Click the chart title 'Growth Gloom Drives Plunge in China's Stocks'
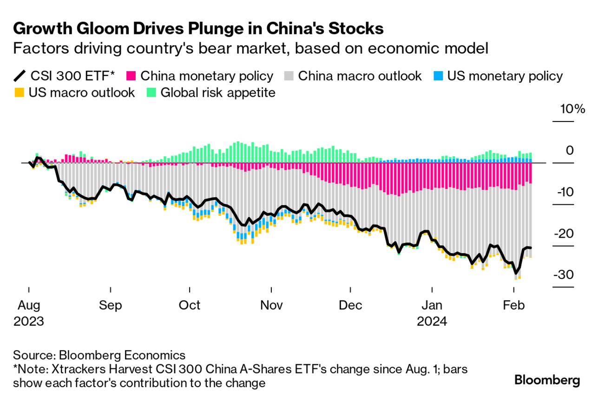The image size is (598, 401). (198, 29)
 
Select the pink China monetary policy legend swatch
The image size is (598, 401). (132, 76)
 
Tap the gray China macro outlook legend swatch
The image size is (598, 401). (289, 76)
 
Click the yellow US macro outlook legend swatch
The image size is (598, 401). (19, 92)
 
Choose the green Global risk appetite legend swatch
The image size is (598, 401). (151, 92)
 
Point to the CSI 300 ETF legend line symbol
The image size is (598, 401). (20, 76)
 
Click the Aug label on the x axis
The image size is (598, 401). (29, 305)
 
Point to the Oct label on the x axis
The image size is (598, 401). (190, 305)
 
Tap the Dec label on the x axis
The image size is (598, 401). (351, 305)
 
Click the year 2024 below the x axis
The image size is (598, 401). (432, 321)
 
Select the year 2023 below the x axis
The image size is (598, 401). (29, 321)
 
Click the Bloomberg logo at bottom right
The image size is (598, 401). (547, 380)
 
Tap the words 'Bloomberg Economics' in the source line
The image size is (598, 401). (122, 355)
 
